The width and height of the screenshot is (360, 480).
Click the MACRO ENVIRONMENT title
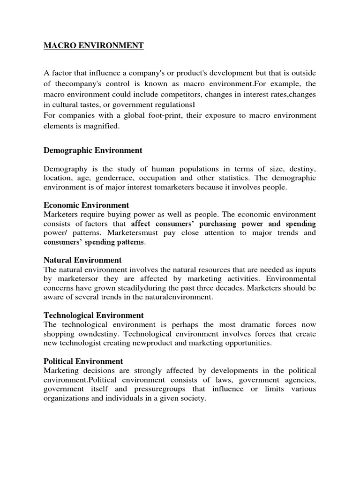(x=93, y=46)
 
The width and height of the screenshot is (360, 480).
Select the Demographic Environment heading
(x=93, y=150)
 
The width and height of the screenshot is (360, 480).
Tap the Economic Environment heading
(x=86, y=205)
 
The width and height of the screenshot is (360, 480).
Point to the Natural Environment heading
(x=82, y=260)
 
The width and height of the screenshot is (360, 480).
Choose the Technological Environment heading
(x=94, y=315)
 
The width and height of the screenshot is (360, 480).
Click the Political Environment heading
(x=83, y=361)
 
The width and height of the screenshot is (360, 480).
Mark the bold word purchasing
(x=215, y=224)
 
